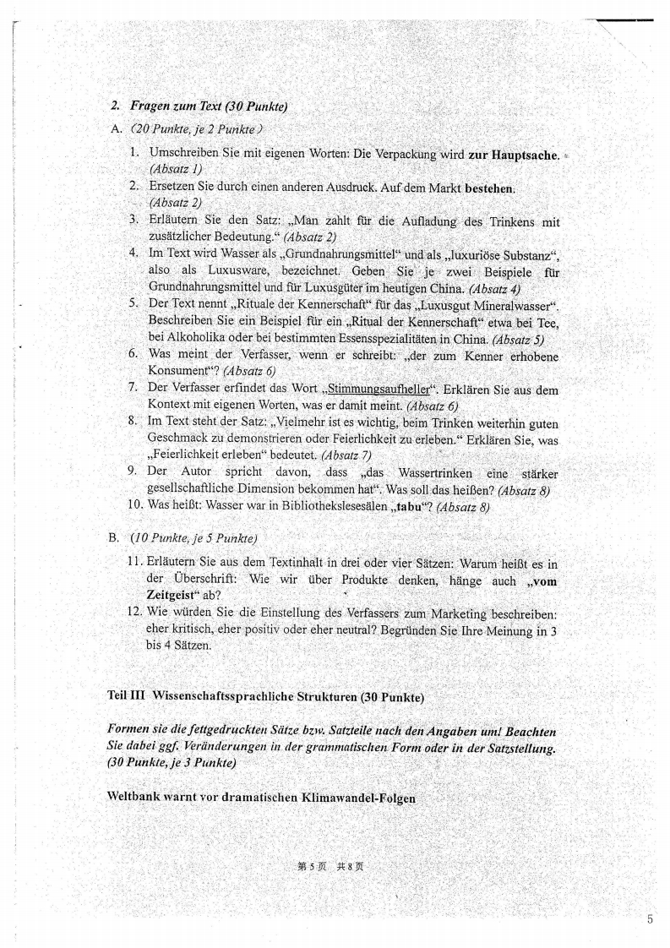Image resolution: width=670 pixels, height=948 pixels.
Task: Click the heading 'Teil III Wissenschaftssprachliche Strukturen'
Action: pos(265,696)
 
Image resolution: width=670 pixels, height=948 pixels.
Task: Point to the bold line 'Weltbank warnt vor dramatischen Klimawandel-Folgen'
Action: pos(261,797)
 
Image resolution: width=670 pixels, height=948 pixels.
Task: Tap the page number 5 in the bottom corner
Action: pos(650,920)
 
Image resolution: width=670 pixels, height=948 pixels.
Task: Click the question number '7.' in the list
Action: pos(133,388)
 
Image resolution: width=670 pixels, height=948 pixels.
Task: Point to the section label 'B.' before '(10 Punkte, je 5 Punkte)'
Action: pos(116,537)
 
